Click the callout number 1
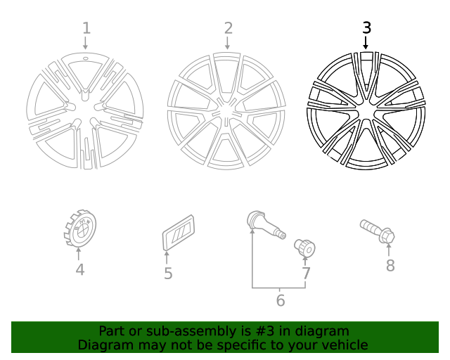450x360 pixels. [86, 28]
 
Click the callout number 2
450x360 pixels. [228, 28]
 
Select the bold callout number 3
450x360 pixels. [366, 27]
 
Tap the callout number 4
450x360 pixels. [79, 269]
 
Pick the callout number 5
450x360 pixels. [168, 274]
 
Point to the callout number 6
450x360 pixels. [280, 301]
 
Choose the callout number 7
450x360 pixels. [306, 274]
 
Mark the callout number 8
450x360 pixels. [390, 265]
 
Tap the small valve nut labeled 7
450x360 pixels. [305, 247]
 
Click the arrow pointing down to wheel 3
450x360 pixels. [366, 42]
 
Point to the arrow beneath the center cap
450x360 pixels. [79, 255]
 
